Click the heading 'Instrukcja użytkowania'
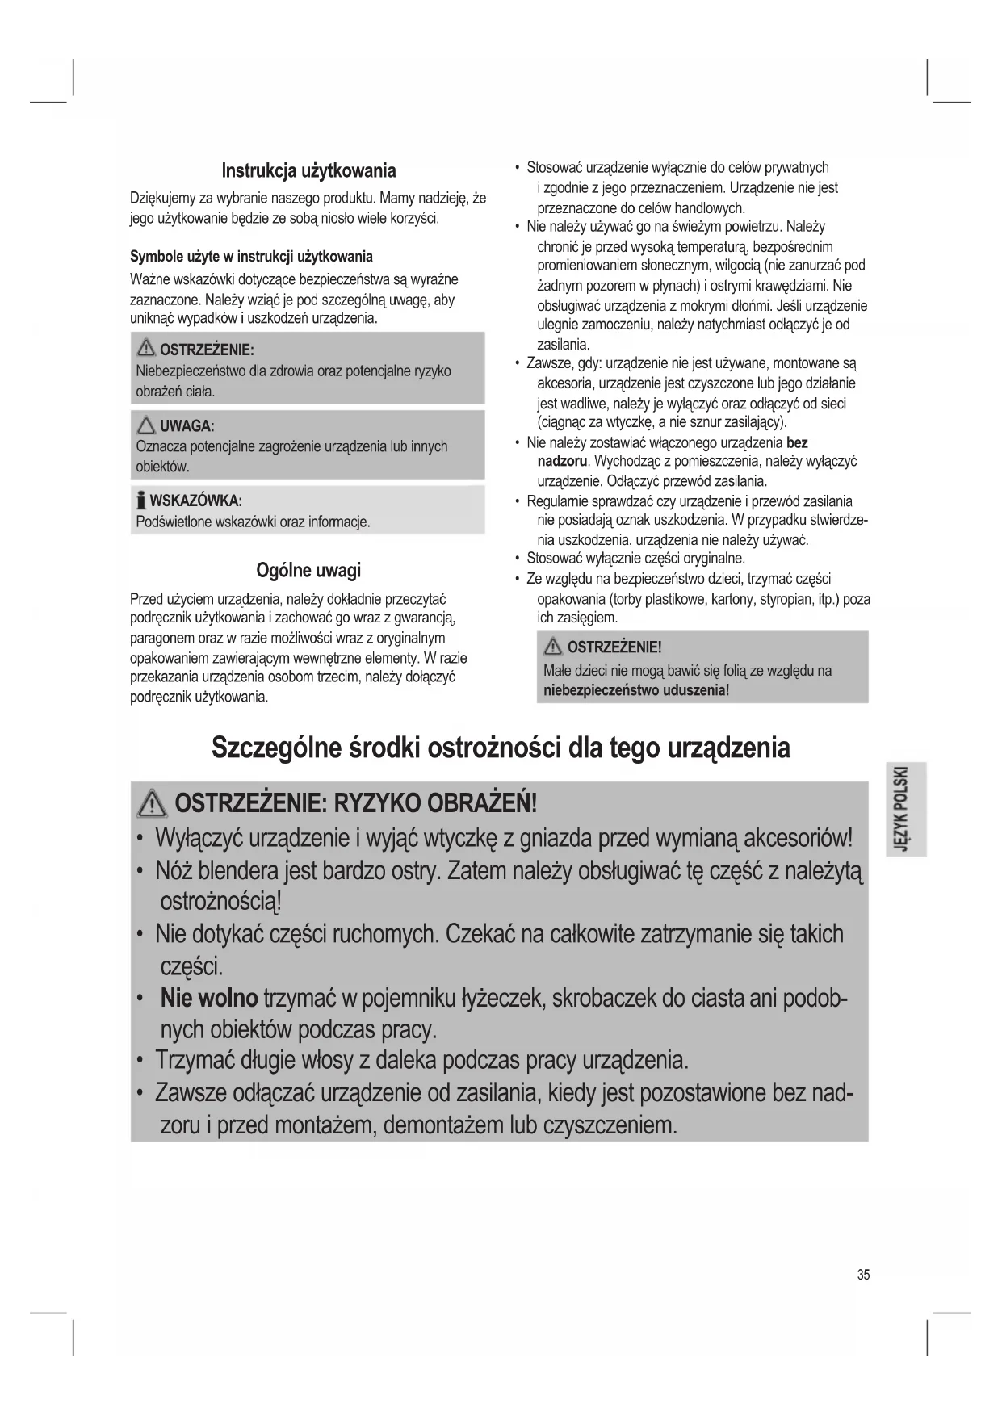point(308,171)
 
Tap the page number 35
point(864,1275)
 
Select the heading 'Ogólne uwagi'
point(308,570)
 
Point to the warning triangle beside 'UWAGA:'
point(146,425)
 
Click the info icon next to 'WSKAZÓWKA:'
point(141,500)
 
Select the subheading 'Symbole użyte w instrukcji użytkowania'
point(251,257)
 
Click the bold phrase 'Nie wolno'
point(209,998)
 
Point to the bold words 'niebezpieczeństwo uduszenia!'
point(636,690)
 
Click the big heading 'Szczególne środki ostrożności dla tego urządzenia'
point(501,748)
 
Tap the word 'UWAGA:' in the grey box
point(187,426)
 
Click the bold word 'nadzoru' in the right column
point(563,462)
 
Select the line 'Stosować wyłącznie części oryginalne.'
point(635,559)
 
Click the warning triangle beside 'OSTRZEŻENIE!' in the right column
point(554,647)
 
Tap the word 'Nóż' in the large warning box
point(174,871)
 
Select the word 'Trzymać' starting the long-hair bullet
point(195,1059)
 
